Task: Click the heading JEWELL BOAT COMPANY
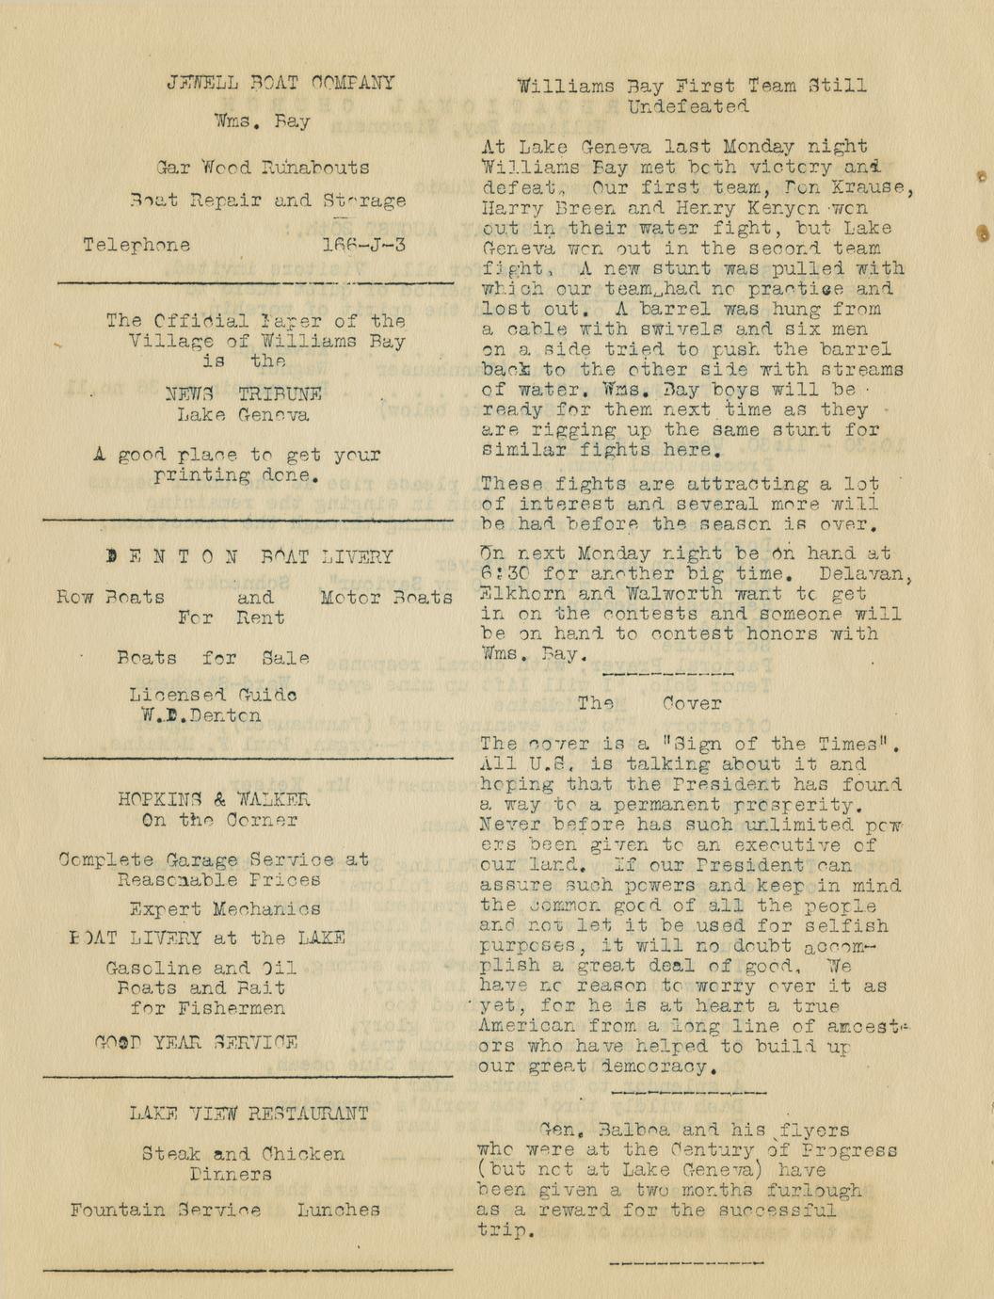[281, 83]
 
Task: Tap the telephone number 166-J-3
[363, 245]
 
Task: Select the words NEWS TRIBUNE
[243, 394]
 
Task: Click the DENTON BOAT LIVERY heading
[249, 557]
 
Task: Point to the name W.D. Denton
[201, 715]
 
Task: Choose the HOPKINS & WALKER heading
[214, 800]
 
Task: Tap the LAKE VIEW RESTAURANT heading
[248, 1115]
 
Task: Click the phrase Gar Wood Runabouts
[263, 168]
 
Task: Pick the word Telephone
[136, 246]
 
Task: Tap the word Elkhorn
[523, 594]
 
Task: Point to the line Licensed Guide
[213, 696]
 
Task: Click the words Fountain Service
[166, 1211]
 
